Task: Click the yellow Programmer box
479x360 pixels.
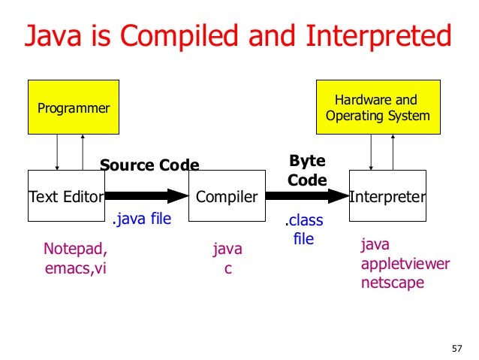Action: coord(74,107)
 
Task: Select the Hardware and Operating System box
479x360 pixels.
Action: coord(377,107)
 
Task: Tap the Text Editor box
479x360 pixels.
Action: coord(66,196)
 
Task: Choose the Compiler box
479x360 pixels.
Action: coord(227,196)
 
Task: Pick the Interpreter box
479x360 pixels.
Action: coord(387,196)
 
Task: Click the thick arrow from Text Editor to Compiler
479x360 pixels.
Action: coord(146,196)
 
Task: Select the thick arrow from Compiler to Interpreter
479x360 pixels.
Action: coord(307,196)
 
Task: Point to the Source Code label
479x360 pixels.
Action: coord(149,165)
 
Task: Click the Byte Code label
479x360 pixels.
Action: coord(307,170)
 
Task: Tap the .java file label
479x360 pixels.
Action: coord(141,219)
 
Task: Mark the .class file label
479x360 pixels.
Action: coord(303,230)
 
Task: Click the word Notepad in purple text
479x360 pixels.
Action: coord(75,250)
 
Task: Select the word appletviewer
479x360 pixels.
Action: coord(405,264)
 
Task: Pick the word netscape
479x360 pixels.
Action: coord(393,283)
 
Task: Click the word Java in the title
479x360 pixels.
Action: coord(53,36)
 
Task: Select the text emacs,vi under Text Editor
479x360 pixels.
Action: coord(76,269)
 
